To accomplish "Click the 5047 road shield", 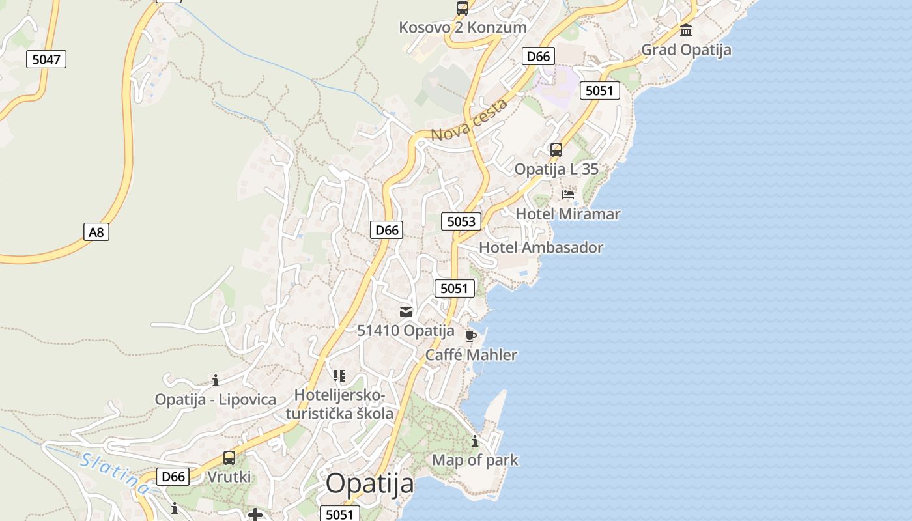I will [x=46, y=59].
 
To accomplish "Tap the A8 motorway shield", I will [x=96, y=232].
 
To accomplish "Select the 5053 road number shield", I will [x=461, y=221].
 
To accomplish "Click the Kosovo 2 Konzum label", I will [x=463, y=27].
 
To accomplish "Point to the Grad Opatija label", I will [x=686, y=50].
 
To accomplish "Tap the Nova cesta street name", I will [x=469, y=121].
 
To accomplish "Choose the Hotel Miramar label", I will [x=568, y=214].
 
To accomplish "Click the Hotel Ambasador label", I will [x=541, y=247].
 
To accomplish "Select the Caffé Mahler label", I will [x=471, y=355].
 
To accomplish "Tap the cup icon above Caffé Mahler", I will [x=471, y=336].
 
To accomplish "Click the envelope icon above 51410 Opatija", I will [x=406, y=311].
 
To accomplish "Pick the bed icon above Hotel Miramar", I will [x=568, y=195].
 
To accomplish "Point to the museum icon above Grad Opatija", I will [x=686, y=30].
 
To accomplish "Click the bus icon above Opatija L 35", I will [x=556, y=150].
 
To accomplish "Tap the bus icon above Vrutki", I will [x=229, y=458].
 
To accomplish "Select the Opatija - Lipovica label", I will [x=215, y=399].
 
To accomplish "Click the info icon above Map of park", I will [x=475, y=441].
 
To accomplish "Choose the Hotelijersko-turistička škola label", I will [x=339, y=404].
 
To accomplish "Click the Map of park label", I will [x=475, y=460].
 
